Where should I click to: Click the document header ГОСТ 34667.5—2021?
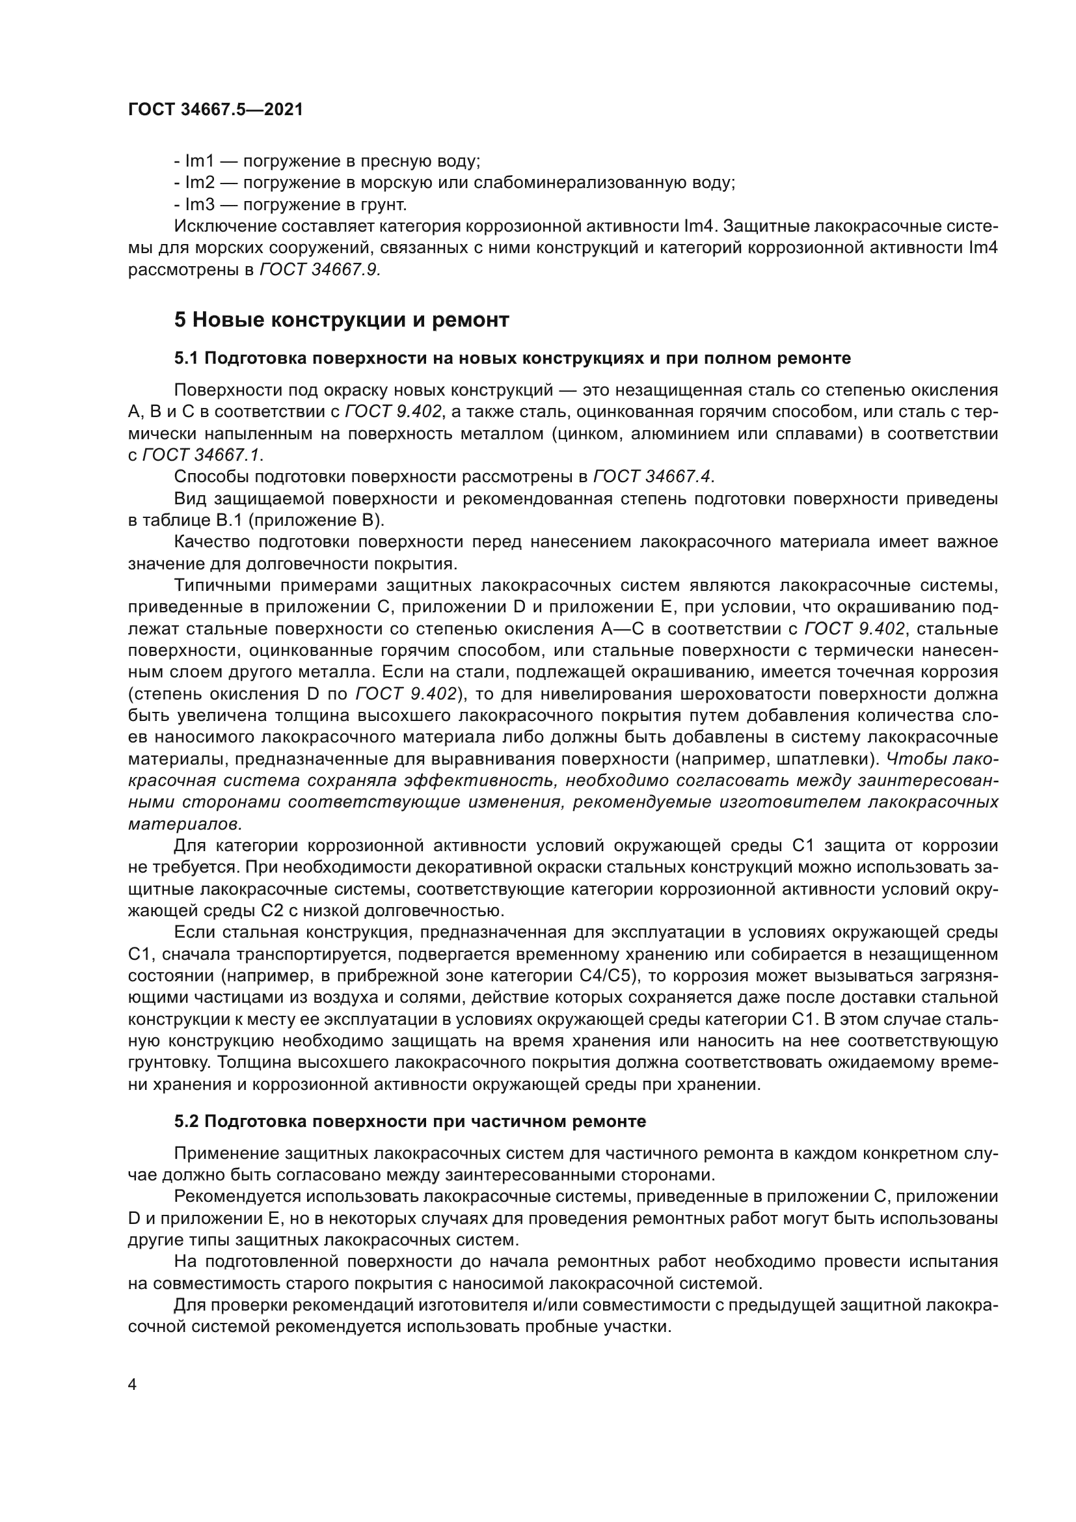[x=215, y=110]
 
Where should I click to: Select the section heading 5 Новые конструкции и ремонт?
[x=342, y=319]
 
